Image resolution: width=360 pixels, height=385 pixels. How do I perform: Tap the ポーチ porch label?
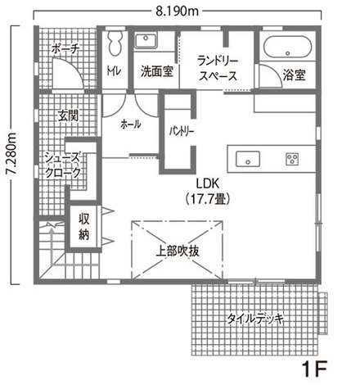[x=65, y=50]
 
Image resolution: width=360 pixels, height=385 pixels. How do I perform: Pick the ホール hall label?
[x=130, y=124]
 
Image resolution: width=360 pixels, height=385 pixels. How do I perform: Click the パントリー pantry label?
[x=181, y=130]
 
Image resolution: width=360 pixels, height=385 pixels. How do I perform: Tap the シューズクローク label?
[x=64, y=166]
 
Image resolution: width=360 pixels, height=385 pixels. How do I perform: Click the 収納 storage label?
[x=84, y=226]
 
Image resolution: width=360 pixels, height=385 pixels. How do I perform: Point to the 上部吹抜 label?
[x=178, y=251]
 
